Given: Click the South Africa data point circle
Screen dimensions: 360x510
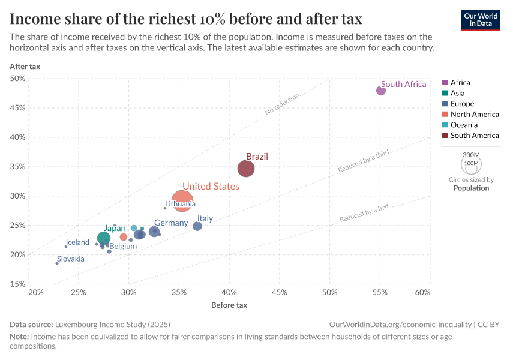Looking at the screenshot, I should click(381, 91).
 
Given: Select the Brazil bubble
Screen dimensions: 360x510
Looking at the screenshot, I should click(246, 169).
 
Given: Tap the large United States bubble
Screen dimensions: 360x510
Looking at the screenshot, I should click(183, 200).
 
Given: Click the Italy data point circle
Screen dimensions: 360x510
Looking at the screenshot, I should click(197, 226).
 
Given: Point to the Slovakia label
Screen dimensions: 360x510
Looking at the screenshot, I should click(71, 259).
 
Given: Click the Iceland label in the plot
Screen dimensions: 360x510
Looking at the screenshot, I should click(77, 242).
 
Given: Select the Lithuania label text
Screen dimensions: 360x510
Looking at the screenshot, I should click(180, 204).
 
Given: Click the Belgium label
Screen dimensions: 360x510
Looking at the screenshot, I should click(123, 246).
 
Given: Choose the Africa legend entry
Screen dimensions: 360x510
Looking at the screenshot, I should click(460, 83).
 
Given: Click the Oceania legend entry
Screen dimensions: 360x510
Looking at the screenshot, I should click(464, 125).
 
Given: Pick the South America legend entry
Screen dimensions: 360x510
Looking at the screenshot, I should click(474, 136).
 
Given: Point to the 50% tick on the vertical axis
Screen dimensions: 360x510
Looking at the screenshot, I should click(17, 79).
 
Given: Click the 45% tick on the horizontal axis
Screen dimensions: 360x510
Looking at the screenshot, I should click(279, 292).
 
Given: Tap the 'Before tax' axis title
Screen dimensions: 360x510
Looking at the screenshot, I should click(229, 305).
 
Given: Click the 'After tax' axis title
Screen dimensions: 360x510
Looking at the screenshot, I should click(25, 66).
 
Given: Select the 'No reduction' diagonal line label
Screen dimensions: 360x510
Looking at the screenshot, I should click(282, 104).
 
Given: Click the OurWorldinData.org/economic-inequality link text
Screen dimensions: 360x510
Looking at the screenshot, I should click(400, 324).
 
